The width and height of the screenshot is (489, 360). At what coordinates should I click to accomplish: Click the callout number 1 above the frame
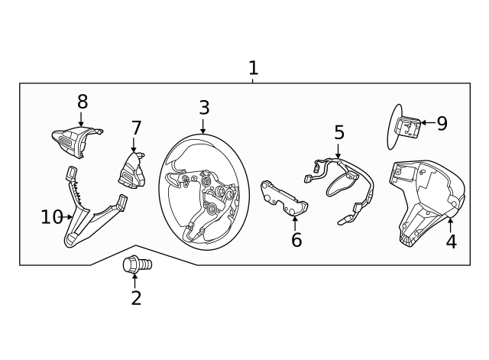[254, 68]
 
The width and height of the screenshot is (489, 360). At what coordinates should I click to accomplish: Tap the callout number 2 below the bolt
[136, 297]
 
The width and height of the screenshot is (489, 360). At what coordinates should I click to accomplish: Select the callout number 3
[204, 108]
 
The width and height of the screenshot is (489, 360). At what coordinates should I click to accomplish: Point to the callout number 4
[451, 242]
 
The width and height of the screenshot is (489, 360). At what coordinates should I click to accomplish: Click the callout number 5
[339, 132]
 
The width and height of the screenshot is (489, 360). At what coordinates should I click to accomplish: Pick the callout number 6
[296, 239]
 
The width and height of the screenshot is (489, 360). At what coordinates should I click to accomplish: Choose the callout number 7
[136, 128]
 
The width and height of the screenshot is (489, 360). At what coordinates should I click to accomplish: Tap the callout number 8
[83, 102]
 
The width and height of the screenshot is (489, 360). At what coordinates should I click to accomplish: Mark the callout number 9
[442, 124]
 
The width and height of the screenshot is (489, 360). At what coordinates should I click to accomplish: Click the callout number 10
[52, 217]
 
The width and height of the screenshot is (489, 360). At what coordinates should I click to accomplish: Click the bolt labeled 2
[138, 265]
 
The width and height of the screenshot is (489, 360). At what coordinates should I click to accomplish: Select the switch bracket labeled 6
[284, 198]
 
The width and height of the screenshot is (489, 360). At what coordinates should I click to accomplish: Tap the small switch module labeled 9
[407, 127]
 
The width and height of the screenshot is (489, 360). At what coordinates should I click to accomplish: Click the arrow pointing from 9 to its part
[429, 122]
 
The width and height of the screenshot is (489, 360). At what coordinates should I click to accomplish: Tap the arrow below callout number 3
[203, 126]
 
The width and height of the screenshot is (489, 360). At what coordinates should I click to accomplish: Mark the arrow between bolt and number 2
[134, 281]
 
